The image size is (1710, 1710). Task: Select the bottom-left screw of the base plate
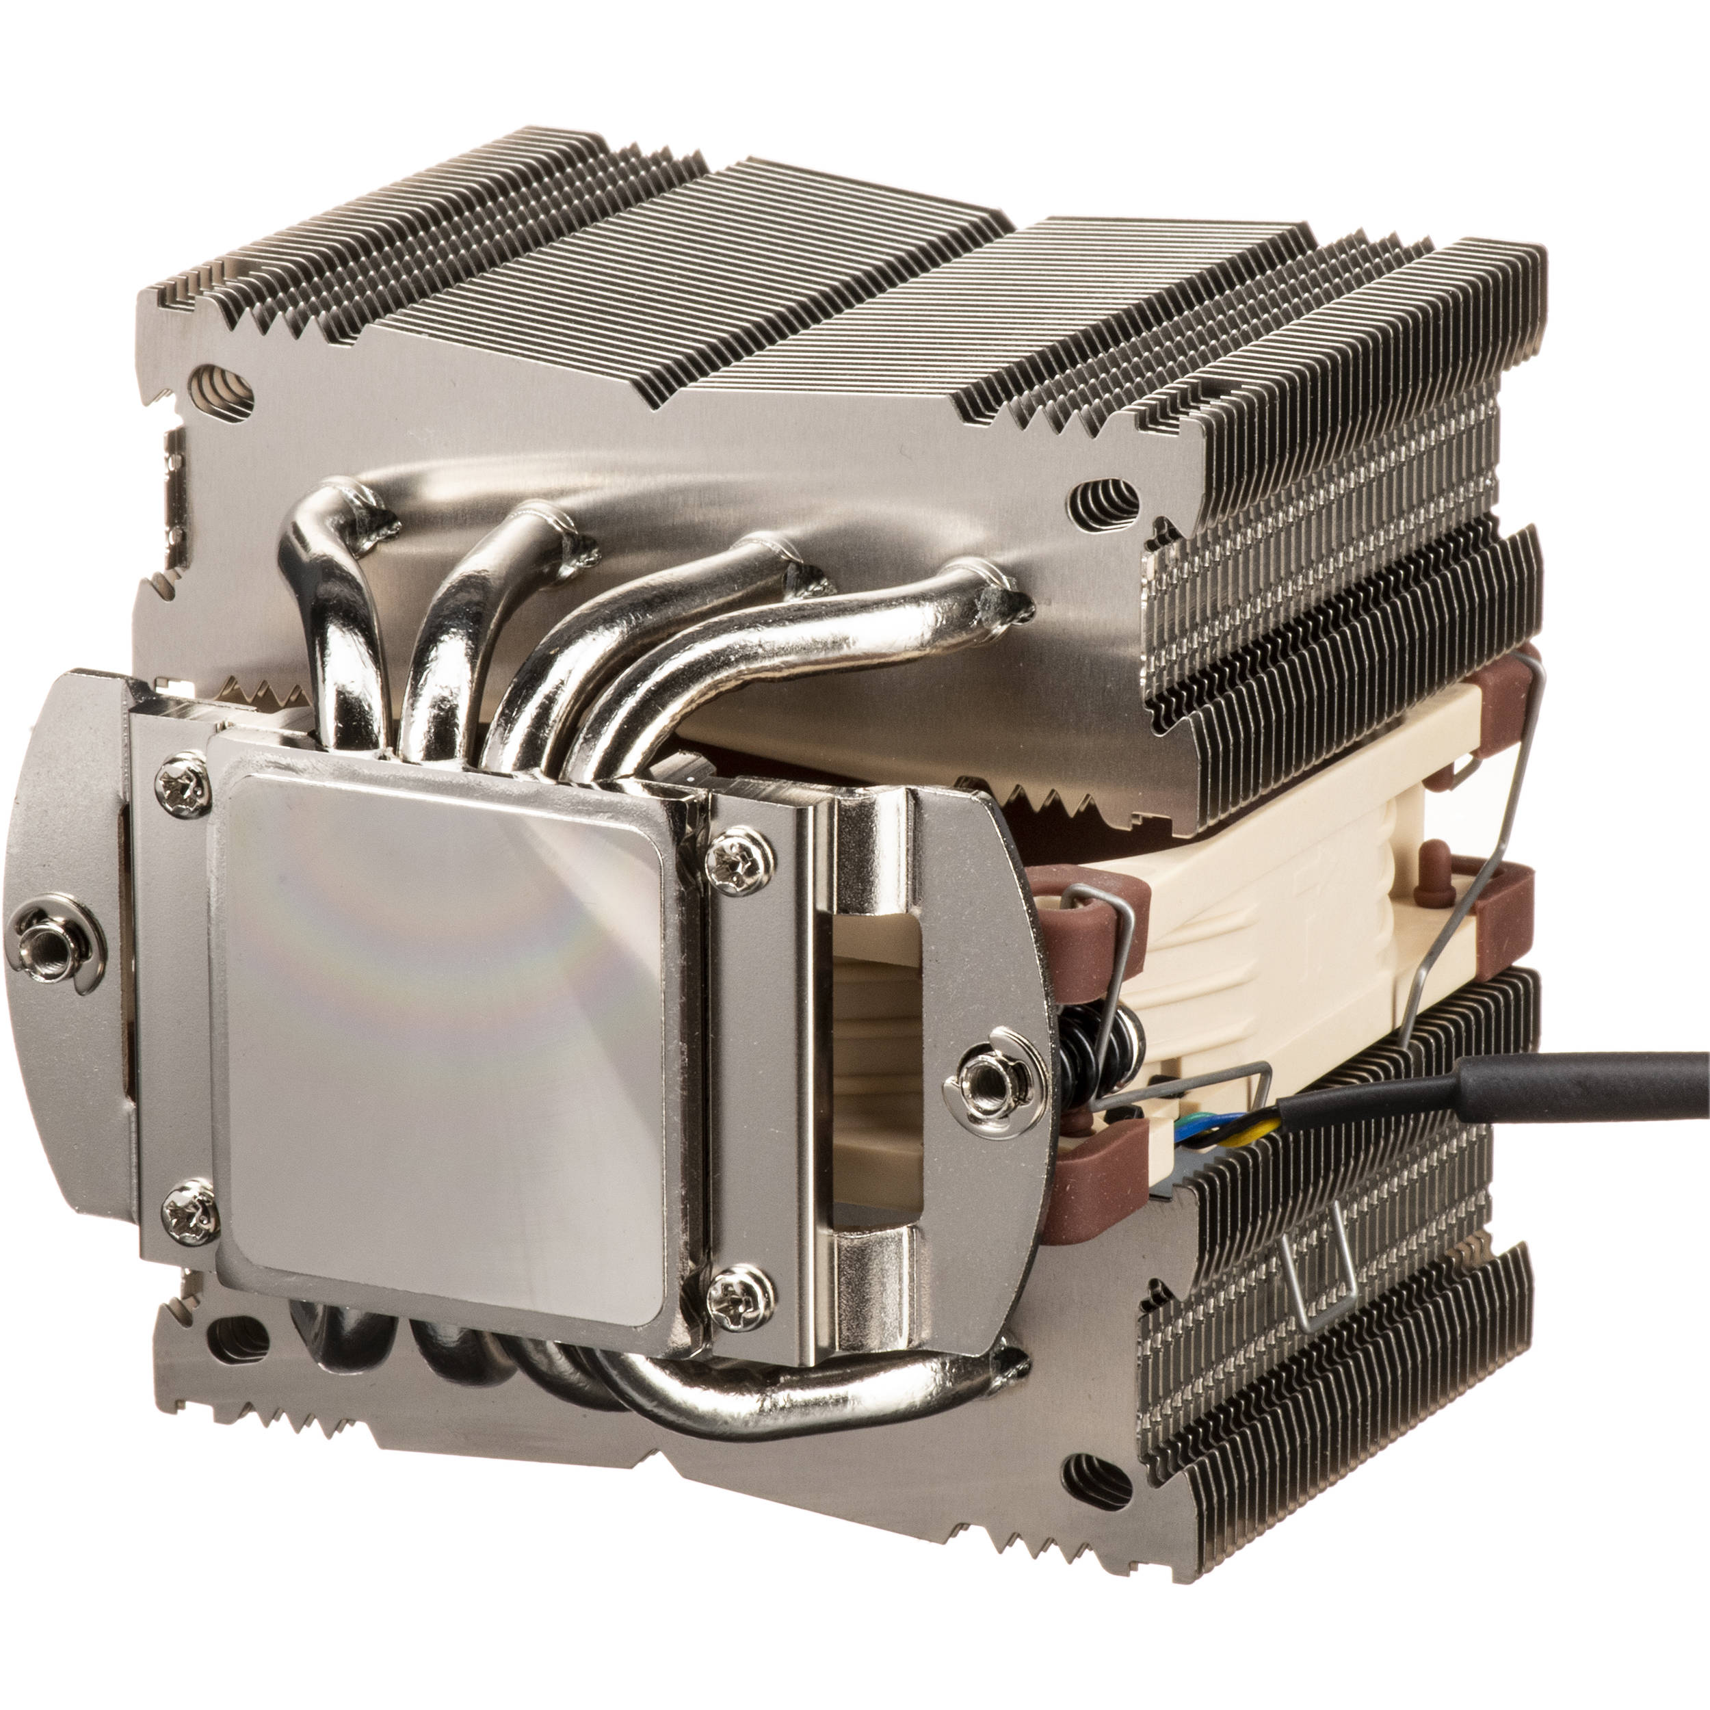[x=189, y=1211]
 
